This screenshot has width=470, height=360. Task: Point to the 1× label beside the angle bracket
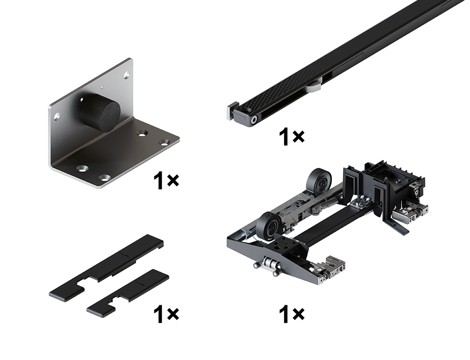tap(166, 180)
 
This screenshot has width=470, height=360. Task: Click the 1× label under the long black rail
tap(291, 137)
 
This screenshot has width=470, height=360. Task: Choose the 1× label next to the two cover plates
tap(166, 314)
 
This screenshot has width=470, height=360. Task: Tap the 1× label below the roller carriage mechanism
tap(291, 314)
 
